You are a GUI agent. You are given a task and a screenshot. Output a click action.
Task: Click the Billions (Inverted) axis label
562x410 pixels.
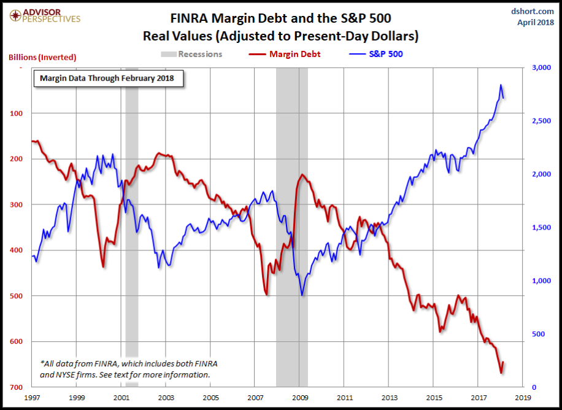tap(42, 57)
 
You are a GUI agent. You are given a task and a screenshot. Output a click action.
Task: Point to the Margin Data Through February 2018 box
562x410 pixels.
tap(107, 79)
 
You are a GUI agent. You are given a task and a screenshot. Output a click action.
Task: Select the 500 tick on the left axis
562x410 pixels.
tap(17, 296)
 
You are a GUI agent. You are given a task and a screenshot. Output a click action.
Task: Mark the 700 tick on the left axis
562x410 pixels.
tap(17, 387)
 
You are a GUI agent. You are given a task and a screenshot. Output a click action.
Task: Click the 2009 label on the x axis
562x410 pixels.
tap(301, 398)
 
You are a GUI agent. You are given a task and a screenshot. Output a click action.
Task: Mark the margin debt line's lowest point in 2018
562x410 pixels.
tap(501, 373)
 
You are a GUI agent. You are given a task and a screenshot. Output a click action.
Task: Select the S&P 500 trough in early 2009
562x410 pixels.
tap(302, 295)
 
